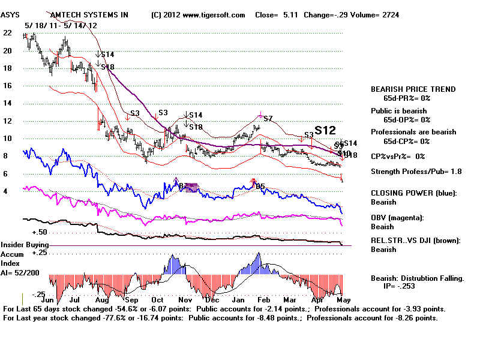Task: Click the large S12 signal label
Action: pos(325,130)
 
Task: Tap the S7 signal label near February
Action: pos(268,119)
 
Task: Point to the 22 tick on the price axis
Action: pos(7,33)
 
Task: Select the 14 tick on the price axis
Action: pos(7,103)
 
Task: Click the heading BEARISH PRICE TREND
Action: pos(413,89)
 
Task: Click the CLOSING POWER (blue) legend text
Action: pos(413,193)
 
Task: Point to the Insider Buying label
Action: pos(24,245)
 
